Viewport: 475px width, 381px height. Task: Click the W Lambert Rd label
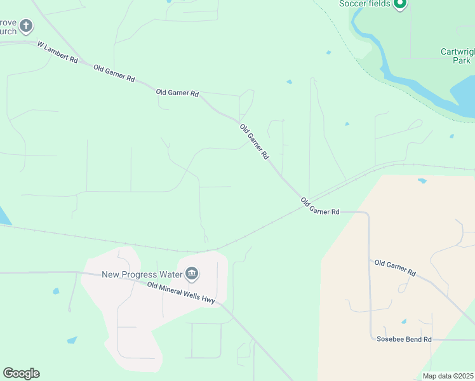tap(57, 53)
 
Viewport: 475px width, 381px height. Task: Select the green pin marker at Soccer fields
tap(399, 4)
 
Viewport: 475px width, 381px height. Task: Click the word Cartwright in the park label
tap(457, 52)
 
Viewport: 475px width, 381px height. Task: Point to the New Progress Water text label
tap(142, 274)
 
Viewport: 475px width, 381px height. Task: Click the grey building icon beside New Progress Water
tap(192, 274)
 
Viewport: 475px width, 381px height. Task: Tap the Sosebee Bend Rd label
tap(404, 340)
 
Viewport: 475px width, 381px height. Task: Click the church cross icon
tap(26, 26)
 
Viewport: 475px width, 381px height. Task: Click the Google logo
tap(21, 373)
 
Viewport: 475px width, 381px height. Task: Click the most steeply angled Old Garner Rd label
tap(255, 141)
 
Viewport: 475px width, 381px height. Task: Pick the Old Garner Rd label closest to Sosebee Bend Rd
tap(395, 267)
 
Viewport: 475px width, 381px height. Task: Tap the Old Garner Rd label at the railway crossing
tap(320, 206)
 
